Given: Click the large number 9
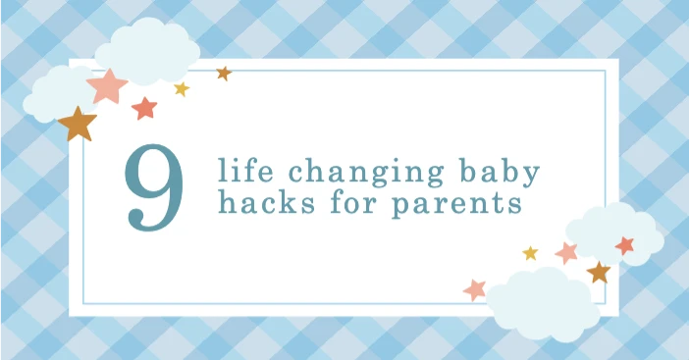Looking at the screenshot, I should pos(155,189).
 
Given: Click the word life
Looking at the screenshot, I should pos(242,173).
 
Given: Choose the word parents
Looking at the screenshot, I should pos(459,208).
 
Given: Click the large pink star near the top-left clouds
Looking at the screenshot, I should pos(107,85).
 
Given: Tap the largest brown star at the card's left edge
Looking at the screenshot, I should pos(77,124).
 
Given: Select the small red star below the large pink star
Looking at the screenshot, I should pos(144,108).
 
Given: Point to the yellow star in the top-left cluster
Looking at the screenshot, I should pos(182,89).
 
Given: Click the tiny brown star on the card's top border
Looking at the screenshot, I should pos(224,73).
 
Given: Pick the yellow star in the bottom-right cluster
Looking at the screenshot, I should pos(530,253).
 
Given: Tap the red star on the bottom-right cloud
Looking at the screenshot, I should pos(624,245).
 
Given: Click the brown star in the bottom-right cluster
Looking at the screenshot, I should pos(598,272).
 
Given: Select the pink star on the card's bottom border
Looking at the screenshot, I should pos(475,289).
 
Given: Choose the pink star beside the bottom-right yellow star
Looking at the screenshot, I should pos(566,252).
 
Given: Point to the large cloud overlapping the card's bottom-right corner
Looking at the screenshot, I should pos(538,298).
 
